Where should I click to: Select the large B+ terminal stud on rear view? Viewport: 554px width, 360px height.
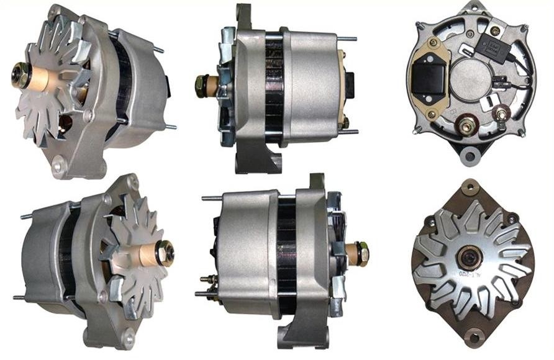(x=467, y=127)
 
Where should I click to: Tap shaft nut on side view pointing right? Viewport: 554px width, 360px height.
(x=362, y=253)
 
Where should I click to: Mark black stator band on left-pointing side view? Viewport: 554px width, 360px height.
(x=274, y=87)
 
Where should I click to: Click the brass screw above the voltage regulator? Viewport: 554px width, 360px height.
(x=432, y=43)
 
